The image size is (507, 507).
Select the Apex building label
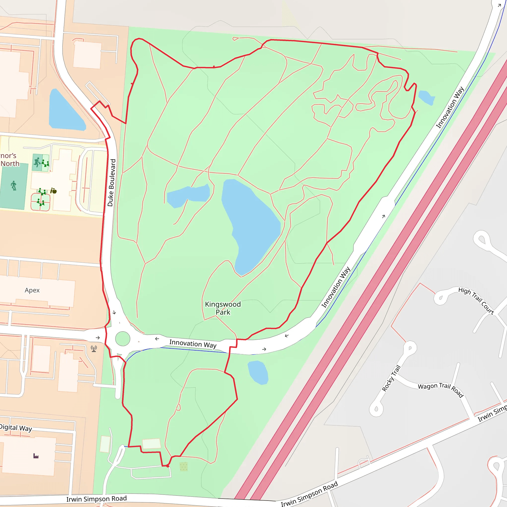coord(32,290)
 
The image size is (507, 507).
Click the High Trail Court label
coord(476,301)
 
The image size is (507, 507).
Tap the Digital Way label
coord(16,428)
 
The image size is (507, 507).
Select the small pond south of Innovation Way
coord(258,372)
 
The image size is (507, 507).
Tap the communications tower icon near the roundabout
coord(94,349)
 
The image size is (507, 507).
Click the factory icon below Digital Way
coord(36,456)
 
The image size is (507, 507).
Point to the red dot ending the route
coord(168,466)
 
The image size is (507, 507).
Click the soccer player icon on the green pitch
coord(14,185)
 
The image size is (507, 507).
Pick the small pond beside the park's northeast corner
coord(426,97)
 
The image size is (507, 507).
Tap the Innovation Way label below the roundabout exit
coord(193,344)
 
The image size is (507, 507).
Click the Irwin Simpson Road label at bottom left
coord(96,499)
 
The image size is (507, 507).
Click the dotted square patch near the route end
coord(183,467)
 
